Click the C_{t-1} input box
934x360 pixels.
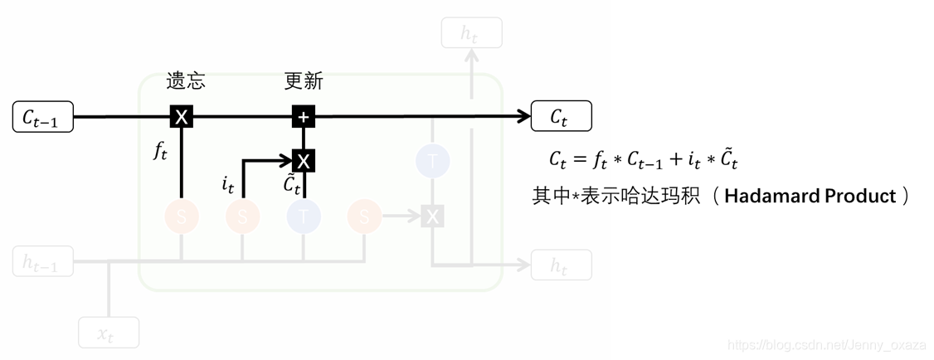pos(43,117)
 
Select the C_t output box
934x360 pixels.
pos(561,117)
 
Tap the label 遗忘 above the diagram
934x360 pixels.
pos(186,81)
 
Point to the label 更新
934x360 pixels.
pos(304,81)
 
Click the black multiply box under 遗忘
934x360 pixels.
pos(182,117)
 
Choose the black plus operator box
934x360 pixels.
pos(304,117)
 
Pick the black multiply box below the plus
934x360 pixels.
pos(304,161)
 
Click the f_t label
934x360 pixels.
pos(160,150)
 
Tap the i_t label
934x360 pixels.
pos(228,184)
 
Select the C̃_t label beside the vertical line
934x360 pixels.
pos(292,185)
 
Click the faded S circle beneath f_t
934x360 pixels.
pos(182,217)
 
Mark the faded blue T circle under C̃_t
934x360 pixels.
pos(304,217)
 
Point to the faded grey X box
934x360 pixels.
pos(432,217)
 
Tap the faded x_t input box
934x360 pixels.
pos(108,333)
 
